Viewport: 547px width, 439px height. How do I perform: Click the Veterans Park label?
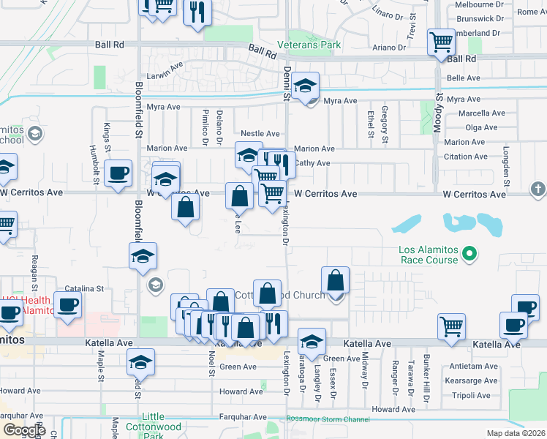click(x=309, y=45)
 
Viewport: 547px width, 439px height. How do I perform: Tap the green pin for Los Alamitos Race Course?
click(x=471, y=255)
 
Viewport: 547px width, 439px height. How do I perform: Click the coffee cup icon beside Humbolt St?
click(x=118, y=173)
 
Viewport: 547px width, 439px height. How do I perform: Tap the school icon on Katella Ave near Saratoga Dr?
click(x=312, y=342)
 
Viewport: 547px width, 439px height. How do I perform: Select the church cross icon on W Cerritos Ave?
click(x=537, y=190)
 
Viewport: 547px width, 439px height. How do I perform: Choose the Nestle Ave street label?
click(x=260, y=134)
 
